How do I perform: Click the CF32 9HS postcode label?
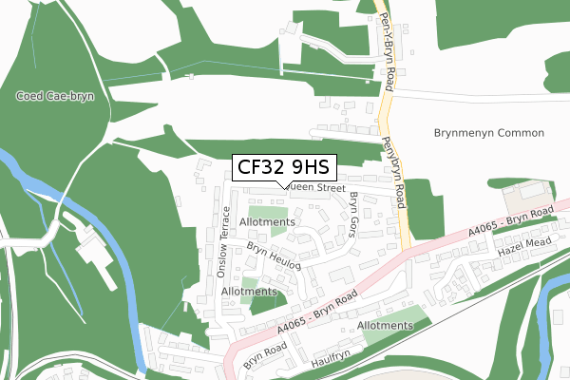pyautogui.click(x=283, y=167)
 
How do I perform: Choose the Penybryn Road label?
pyautogui.click(x=394, y=172)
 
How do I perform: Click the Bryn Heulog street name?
pyautogui.click(x=274, y=256)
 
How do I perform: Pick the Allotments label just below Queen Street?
pyautogui.click(x=268, y=222)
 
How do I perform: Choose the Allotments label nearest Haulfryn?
pyautogui.click(x=387, y=326)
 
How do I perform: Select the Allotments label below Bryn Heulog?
pyautogui.click(x=248, y=292)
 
